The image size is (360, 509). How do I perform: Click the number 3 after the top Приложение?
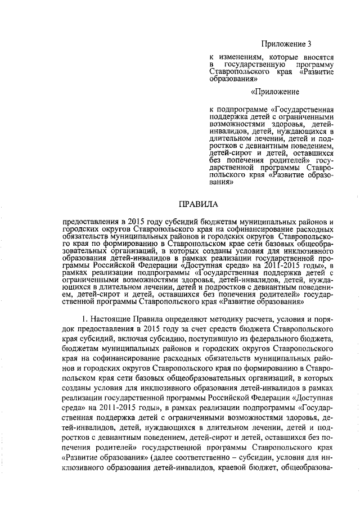[309, 43]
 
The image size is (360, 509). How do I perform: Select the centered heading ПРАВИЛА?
[197, 204]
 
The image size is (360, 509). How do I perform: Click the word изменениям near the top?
[244, 58]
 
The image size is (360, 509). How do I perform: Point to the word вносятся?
[318, 58]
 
